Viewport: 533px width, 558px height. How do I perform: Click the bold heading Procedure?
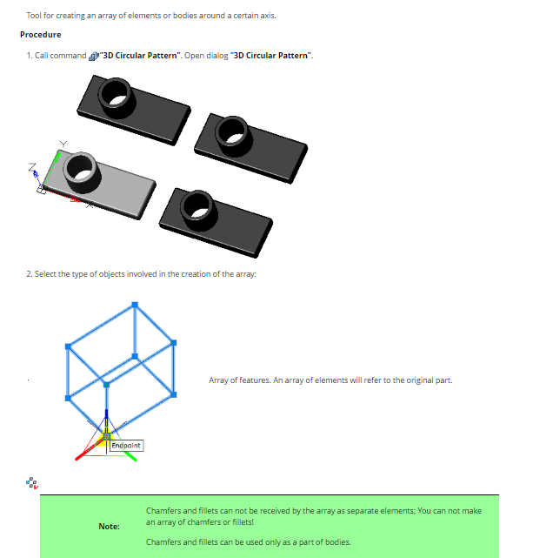point(41,35)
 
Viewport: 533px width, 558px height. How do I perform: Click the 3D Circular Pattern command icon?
point(94,56)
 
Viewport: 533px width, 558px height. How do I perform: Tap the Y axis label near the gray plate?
point(63,144)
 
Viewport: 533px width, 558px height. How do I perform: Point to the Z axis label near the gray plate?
point(32,166)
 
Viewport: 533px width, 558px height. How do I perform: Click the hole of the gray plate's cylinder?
point(82,169)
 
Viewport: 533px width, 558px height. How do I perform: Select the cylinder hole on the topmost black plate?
point(117,94)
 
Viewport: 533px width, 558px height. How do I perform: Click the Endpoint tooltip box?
point(126,446)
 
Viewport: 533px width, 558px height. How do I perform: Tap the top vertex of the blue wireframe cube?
point(135,305)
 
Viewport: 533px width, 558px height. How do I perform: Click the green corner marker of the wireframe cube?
point(174,343)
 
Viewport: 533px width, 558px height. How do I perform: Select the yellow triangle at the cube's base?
point(104,439)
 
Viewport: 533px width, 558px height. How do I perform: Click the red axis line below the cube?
point(90,447)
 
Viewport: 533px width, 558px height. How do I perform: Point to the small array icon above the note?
point(32,483)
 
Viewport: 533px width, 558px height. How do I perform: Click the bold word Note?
point(109,527)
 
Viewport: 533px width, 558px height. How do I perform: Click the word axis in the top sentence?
point(269,16)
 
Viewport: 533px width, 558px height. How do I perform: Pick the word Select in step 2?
point(45,274)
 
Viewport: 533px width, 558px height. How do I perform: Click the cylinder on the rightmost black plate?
point(233,133)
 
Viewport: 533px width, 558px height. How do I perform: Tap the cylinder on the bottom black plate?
point(198,209)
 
